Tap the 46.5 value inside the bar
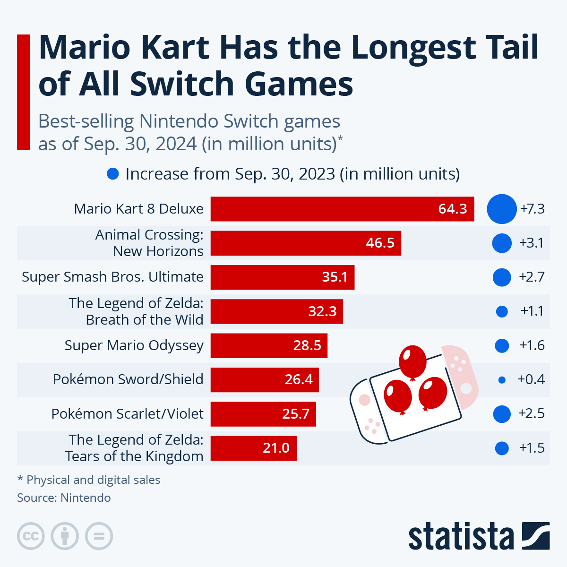[x=380, y=243]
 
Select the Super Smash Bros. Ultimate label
[x=112, y=277]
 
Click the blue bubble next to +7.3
[x=502, y=209]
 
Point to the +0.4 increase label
[x=531, y=379]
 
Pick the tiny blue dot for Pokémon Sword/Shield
[x=502, y=380]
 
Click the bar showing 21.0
[x=253, y=448]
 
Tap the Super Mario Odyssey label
[x=134, y=345]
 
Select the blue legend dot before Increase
[x=113, y=174]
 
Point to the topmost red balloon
[x=412, y=361]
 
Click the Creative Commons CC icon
[x=31, y=536]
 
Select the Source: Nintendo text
[x=64, y=498]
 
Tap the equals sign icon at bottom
[x=99, y=536]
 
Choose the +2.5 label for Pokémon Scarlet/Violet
[x=531, y=413]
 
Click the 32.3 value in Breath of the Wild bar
[x=322, y=311]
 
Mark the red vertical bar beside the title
[x=24, y=92]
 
